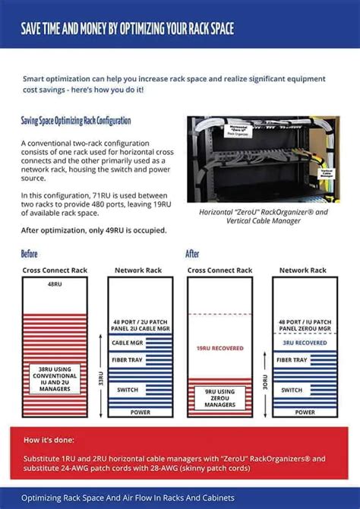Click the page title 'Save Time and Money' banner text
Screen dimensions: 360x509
[127, 30]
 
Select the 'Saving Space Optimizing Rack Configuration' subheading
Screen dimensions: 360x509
[76, 121]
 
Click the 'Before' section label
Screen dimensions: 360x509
[29, 254]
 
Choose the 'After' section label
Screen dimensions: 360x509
[192, 254]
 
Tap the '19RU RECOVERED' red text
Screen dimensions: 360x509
[220, 349]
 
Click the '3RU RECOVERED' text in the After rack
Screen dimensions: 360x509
[304, 343]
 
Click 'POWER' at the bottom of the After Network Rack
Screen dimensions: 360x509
[304, 412]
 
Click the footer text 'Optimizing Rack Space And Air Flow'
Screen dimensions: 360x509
[128, 498]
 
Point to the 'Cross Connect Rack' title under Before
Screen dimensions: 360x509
[55, 270]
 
